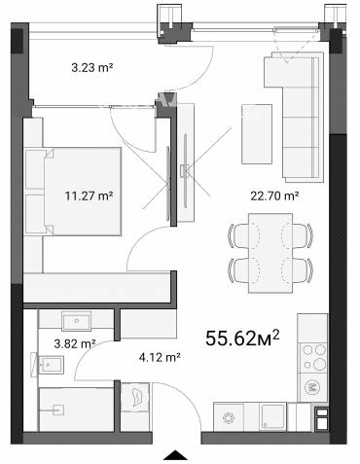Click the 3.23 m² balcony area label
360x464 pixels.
pyautogui.click(x=92, y=68)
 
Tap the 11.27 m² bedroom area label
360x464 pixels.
pyautogui.click(x=89, y=196)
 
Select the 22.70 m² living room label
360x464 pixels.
pyautogui.click(x=274, y=196)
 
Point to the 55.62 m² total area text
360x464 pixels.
pyautogui.click(x=242, y=338)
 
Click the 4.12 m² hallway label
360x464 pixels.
pyautogui.click(x=160, y=357)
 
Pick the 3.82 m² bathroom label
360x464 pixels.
pyautogui.click(x=75, y=343)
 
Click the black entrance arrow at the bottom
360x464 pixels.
pyautogui.click(x=175, y=455)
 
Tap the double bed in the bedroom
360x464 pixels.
pyautogui.click(x=73, y=192)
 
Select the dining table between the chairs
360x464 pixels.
pyautogui.click(x=270, y=253)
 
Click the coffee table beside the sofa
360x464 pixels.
pyautogui.click(x=257, y=134)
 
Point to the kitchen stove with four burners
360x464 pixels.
pyautogui.click(x=313, y=357)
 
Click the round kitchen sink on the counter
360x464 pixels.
pyautogui.click(x=230, y=418)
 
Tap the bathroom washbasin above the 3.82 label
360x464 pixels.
pyautogui.click(x=77, y=321)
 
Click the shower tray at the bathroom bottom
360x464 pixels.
pyautogui.click(x=77, y=410)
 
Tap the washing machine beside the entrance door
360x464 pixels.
pyautogui.click(x=135, y=397)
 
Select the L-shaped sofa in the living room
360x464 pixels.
pyautogui.click(x=300, y=117)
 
